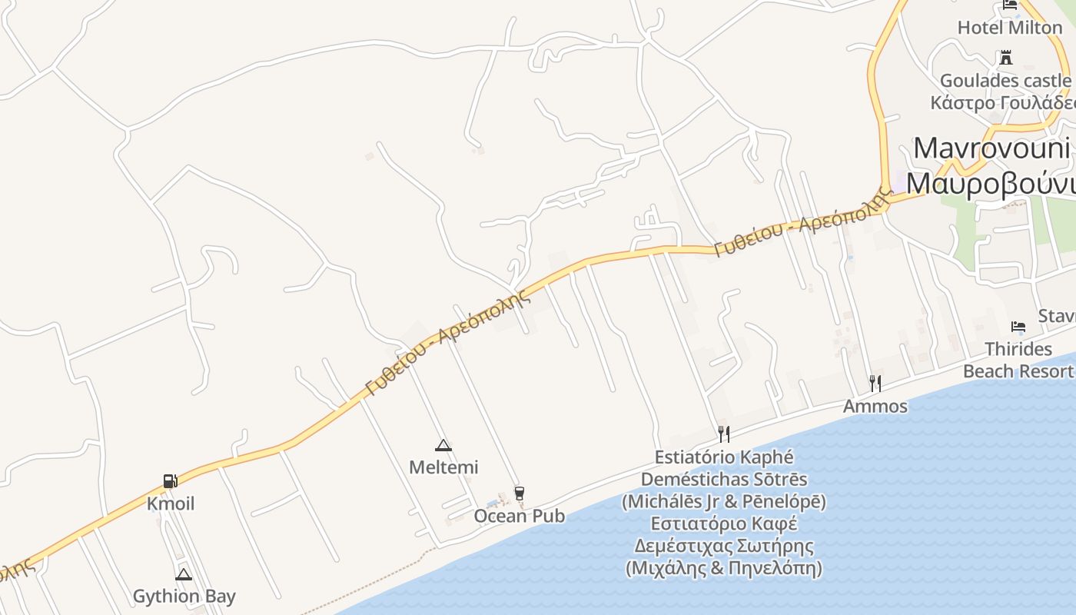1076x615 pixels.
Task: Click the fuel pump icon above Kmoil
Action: pyautogui.click(x=171, y=482)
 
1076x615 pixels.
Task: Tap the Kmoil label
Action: pyautogui.click(x=171, y=504)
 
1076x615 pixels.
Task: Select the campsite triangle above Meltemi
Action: pyautogui.click(x=443, y=445)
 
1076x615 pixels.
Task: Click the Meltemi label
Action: pyautogui.click(x=443, y=467)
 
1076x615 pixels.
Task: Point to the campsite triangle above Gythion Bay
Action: pyautogui.click(x=183, y=574)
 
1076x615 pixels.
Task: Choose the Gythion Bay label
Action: pyautogui.click(x=184, y=597)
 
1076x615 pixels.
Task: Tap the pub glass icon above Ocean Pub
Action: pyautogui.click(x=520, y=493)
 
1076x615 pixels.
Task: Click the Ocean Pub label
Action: pyautogui.click(x=520, y=516)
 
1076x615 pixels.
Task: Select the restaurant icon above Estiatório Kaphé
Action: pyautogui.click(x=723, y=434)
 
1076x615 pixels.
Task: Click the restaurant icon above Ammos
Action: pyautogui.click(x=875, y=383)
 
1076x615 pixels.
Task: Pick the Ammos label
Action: pyautogui.click(x=875, y=406)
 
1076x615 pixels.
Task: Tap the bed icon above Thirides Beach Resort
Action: pyautogui.click(x=1018, y=327)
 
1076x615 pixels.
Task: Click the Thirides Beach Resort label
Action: pyautogui.click(x=1018, y=361)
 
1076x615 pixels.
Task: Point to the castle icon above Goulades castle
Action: pyautogui.click(x=1005, y=58)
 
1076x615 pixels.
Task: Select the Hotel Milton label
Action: pyautogui.click(x=1009, y=28)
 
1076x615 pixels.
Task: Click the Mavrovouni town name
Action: pyautogui.click(x=991, y=148)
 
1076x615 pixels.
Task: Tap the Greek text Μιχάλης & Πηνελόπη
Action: pyautogui.click(x=723, y=569)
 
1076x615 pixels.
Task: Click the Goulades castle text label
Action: pyautogui.click(x=1005, y=81)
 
